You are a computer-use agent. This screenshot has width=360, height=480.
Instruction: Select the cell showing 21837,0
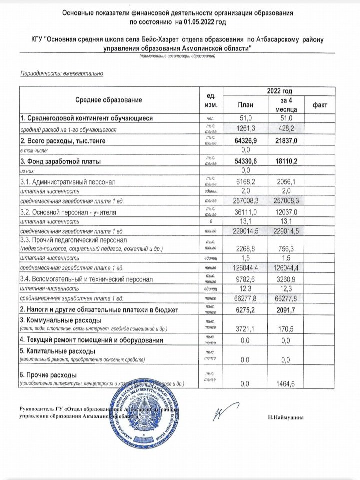tap(286, 141)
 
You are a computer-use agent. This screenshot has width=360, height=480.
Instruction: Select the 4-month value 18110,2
tap(286, 161)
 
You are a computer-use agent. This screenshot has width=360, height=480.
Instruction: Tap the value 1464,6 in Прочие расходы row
tap(286, 383)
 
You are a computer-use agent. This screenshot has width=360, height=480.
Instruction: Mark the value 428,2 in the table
tap(286, 129)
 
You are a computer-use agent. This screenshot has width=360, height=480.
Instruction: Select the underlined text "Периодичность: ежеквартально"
tap(60, 74)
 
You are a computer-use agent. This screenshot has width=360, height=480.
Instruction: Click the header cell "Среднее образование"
tap(109, 99)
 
